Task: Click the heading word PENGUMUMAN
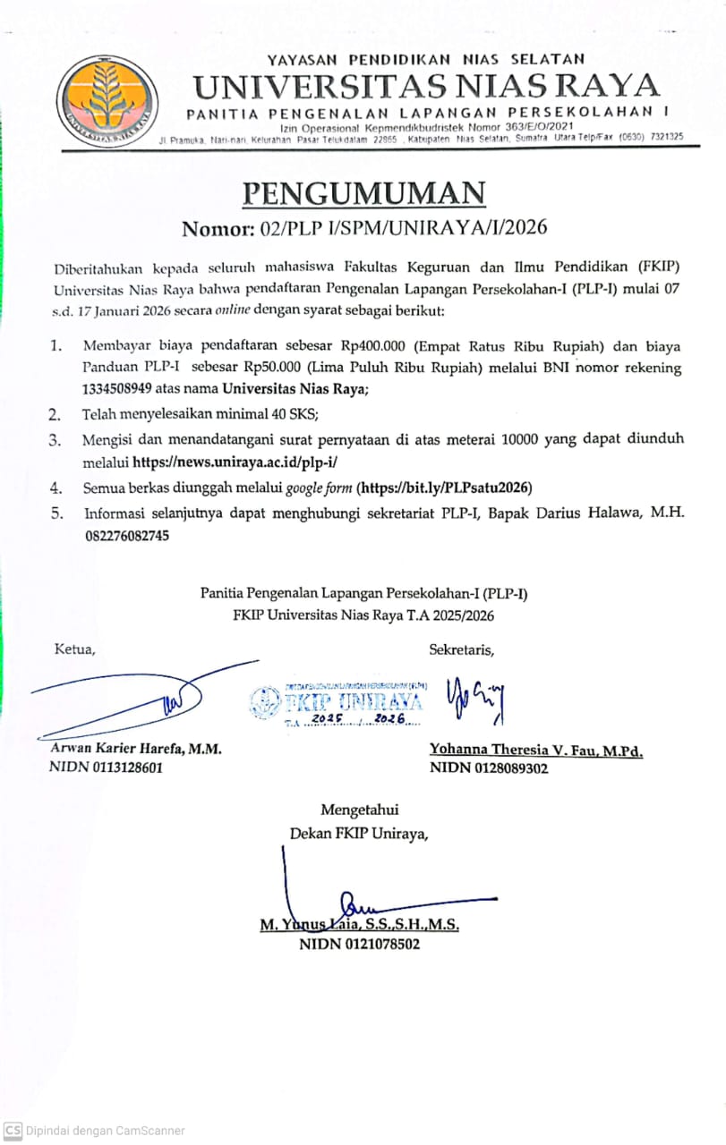tap(364, 192)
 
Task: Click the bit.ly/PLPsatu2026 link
tap(445, 488)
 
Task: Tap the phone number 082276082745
tap(126, 536)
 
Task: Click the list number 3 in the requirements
tap(55, 439)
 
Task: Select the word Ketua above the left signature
tap(74, 649)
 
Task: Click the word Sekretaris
tap(461, 649)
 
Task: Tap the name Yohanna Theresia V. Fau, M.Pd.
tap(535, 751)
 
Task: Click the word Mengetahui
tap(360, 810)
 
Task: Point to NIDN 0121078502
tap(359, 943)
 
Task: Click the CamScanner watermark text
tap(105, 1130)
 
